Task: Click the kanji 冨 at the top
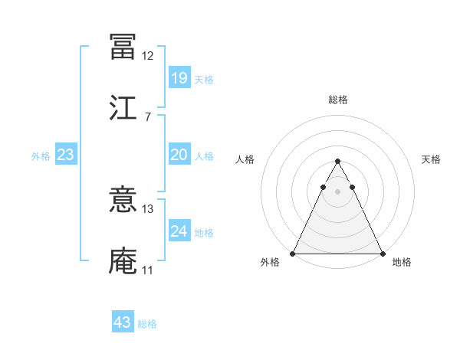tap(123, 47)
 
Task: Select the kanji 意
tap(123, 201)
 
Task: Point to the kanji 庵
tap(123, 260)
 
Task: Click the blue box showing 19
tap(179, 77)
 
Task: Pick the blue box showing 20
tap(179, 155)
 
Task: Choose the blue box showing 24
tap(179, 231)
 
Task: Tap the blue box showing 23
tap(65, 155)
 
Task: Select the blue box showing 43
tap(122, 322)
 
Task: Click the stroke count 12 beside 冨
tap(147, 56)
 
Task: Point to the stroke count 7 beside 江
tap(147, 116)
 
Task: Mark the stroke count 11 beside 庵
tap(147, 270)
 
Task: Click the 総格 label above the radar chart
tap(338, 100)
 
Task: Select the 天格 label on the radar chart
tap(431, 159)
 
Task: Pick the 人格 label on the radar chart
tap(245, 159)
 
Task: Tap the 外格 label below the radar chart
tap(270, 263)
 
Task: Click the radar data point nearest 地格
tap(383, 254)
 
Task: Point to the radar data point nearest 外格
tap(293, 254)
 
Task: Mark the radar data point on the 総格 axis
tap(338, 162)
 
